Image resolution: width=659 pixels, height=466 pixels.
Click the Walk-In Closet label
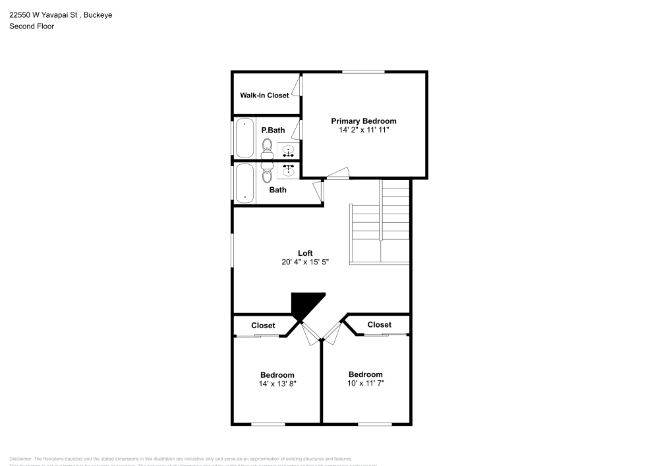tap(264, 96)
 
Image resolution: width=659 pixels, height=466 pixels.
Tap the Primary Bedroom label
tap(363, 121)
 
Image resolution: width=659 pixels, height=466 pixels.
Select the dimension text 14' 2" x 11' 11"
tap(363, 131)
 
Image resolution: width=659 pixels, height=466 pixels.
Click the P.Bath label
tap(273, 131)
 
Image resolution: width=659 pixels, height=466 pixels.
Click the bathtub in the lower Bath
tap(244, 182)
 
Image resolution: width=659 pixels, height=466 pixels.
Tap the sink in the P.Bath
tap(288, 150)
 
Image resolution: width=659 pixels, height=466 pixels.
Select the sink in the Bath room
tap(288, 171)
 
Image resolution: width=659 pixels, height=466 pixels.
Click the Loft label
tap(304, 253)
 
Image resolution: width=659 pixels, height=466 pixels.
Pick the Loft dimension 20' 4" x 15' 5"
tap(304, 262)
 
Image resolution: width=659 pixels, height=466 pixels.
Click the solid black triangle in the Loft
tap(305, 305)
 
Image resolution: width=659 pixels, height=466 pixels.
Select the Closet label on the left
tap(263, 326)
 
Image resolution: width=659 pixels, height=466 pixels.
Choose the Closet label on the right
tap(379, 325)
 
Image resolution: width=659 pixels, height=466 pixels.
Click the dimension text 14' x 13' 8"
tap(277, 384)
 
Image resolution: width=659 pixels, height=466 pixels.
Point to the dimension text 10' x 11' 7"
tap(365, 384)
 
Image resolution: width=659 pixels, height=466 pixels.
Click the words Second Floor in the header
tap(32, 26)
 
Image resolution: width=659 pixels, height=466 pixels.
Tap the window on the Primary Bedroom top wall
tap(363, 72)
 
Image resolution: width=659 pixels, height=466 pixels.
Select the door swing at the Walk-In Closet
tap(299, 87)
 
